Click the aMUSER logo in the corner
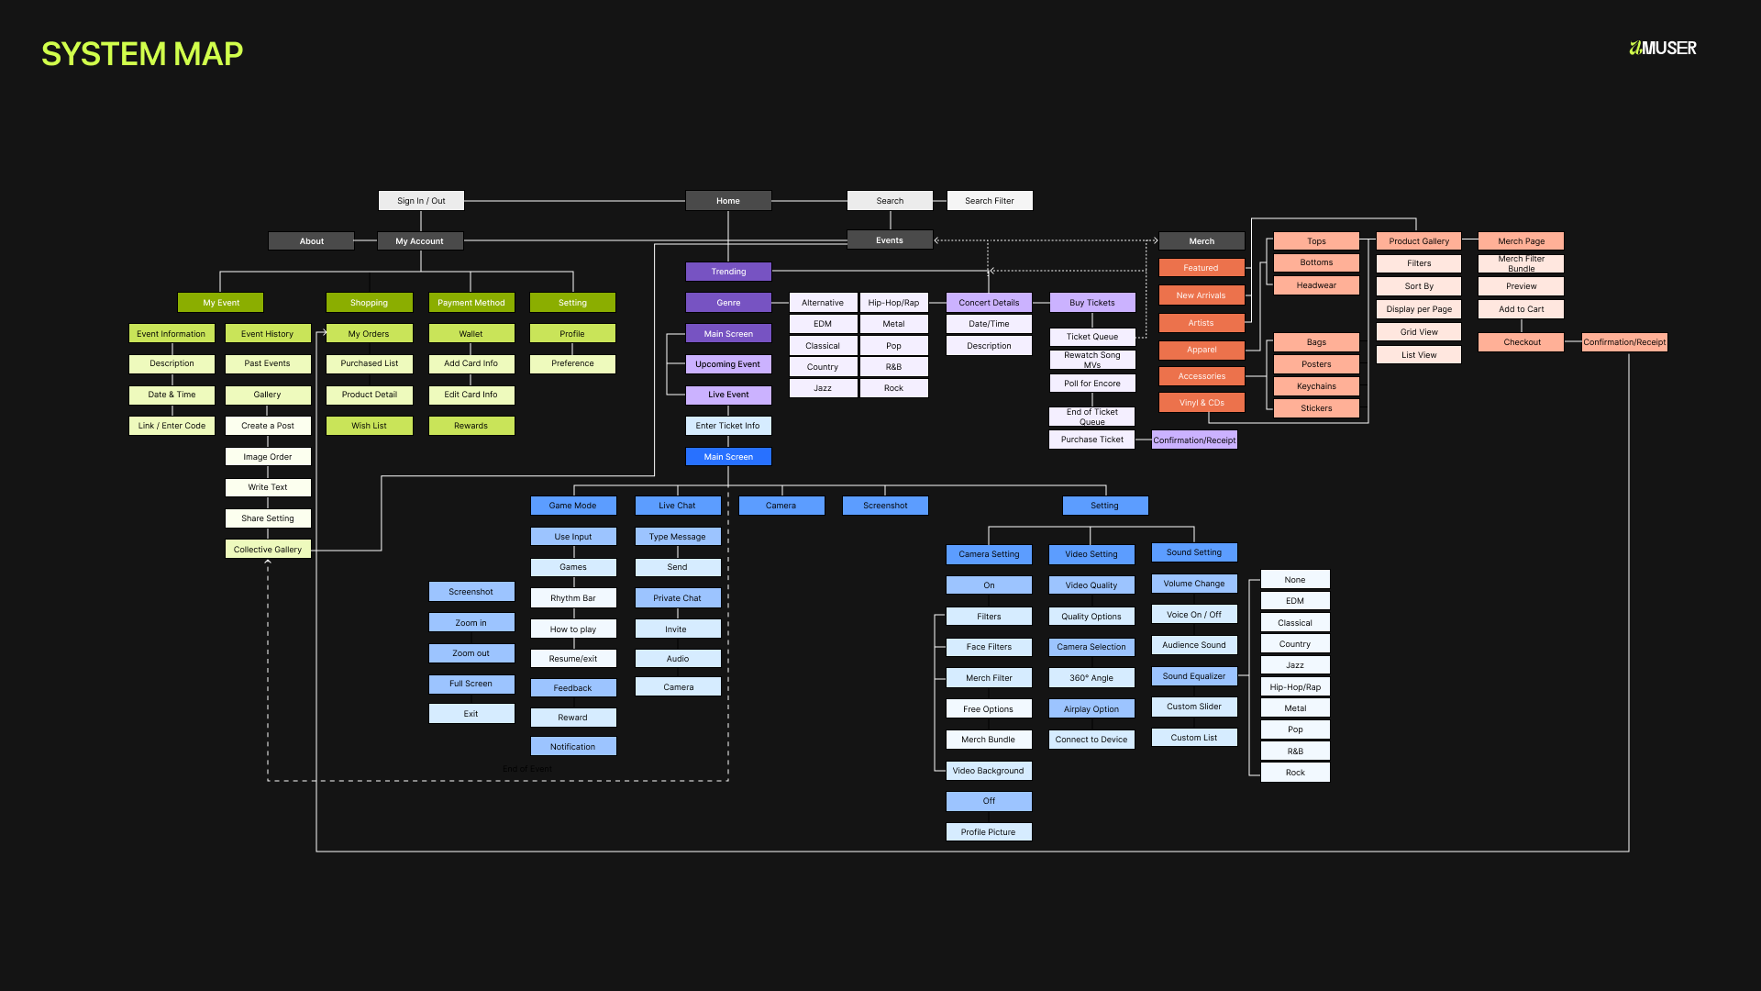coord(1663,49)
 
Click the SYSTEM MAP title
coord(142,54)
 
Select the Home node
coord(728,201)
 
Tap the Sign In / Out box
coord(421,201)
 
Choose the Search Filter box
coord(989,201)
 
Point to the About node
coord(311,241)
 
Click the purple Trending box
coord(728,272)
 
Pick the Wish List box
coord(369,426)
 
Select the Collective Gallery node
coord(268,550)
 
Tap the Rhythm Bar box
coord(573,598)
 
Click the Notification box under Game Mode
coord(573,747)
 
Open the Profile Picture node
coord(989,832)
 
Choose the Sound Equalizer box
coord(1194,676)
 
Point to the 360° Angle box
coord(1091,678)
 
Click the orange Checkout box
coord(1522,342)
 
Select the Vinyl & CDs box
coord(1202,403)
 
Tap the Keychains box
coord(1316,386)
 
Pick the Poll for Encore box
coord(1092,384)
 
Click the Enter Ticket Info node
coord(728,426)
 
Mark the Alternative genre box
coord(823,303)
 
